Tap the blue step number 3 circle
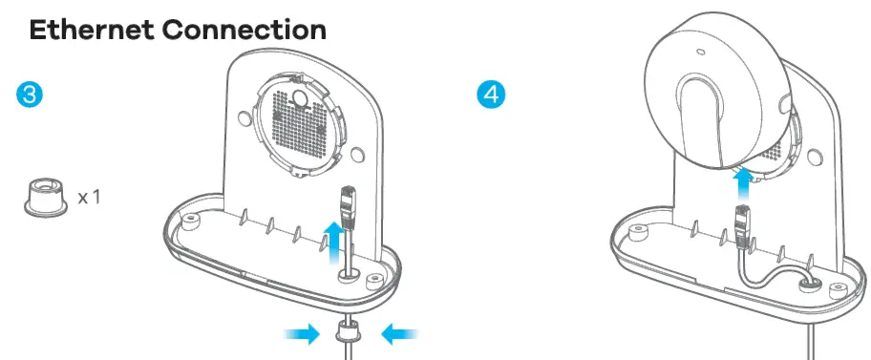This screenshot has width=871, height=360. coord(29,95)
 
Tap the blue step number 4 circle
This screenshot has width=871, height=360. coord(491,95)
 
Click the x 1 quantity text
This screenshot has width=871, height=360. coord(90,199)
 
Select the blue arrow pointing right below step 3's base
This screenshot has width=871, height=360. coord(299,333)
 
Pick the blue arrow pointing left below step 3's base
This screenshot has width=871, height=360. coord(398,333)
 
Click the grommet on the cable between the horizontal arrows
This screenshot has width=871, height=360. coord(349,336)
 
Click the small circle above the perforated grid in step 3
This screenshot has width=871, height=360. coord(301,97)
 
